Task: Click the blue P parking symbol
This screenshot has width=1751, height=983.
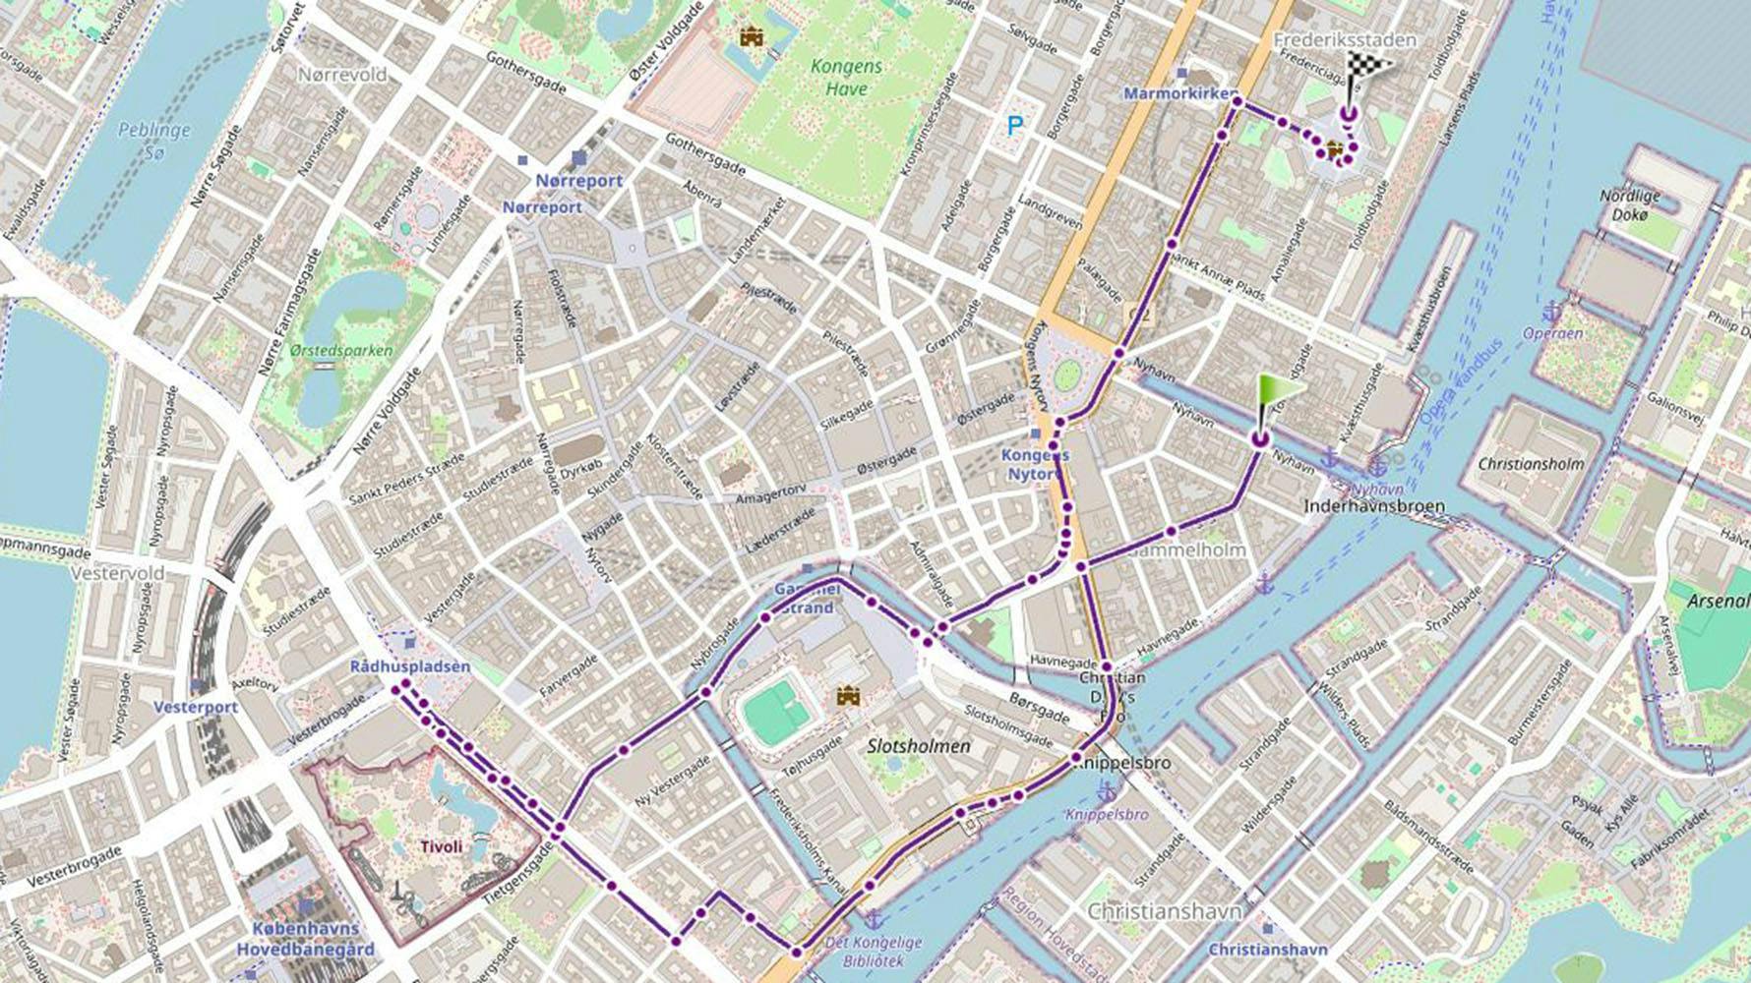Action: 1014,125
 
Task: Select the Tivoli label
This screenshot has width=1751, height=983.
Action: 441,846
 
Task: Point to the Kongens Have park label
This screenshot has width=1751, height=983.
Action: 846,78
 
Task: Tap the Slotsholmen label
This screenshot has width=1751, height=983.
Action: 919,746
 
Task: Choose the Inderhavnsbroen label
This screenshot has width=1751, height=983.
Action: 1373,506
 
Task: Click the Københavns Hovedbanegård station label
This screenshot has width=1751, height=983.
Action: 305,939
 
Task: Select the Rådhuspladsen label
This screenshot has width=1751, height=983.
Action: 410,666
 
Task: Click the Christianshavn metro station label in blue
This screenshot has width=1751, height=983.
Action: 1267,950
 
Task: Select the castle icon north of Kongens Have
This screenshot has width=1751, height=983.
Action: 752,37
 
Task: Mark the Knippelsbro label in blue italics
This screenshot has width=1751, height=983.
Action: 1107,815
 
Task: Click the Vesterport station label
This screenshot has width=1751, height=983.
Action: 195,707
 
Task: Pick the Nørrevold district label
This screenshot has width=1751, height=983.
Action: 342,75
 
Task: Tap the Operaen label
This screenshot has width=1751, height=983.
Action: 1552,333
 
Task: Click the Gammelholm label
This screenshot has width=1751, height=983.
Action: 1188,549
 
